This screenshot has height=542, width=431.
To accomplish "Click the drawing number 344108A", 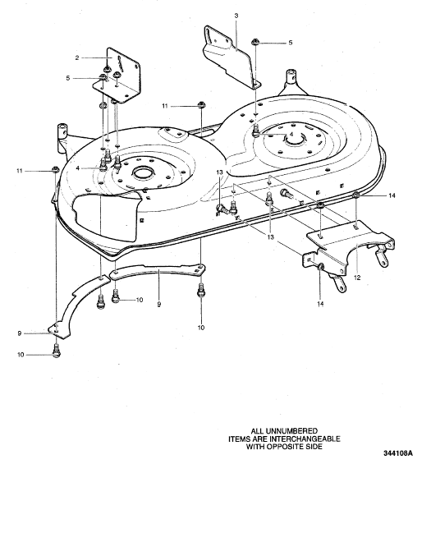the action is coord(398,453).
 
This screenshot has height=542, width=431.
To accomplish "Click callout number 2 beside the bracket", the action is coord(77,57).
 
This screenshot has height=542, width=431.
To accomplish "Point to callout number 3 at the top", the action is coord(236,16).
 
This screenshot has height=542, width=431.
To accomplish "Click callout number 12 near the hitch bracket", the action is coord(357,278).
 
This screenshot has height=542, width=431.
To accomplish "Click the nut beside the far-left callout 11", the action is coord(55,169).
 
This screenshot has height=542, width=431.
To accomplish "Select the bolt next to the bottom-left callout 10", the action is coord(57,351).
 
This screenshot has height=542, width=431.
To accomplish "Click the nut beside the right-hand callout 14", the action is coord(356,195).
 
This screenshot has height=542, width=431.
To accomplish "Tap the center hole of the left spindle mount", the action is coord(143,172).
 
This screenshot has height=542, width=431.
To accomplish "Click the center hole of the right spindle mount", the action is coord(295,139).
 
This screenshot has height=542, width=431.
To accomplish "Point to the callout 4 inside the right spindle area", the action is coord(291,134).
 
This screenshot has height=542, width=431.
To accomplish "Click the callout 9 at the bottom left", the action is coord(20,333).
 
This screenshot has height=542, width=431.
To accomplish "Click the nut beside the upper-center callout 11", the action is coord(200,104).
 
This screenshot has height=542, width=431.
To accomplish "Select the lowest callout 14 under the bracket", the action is coord(320,304).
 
